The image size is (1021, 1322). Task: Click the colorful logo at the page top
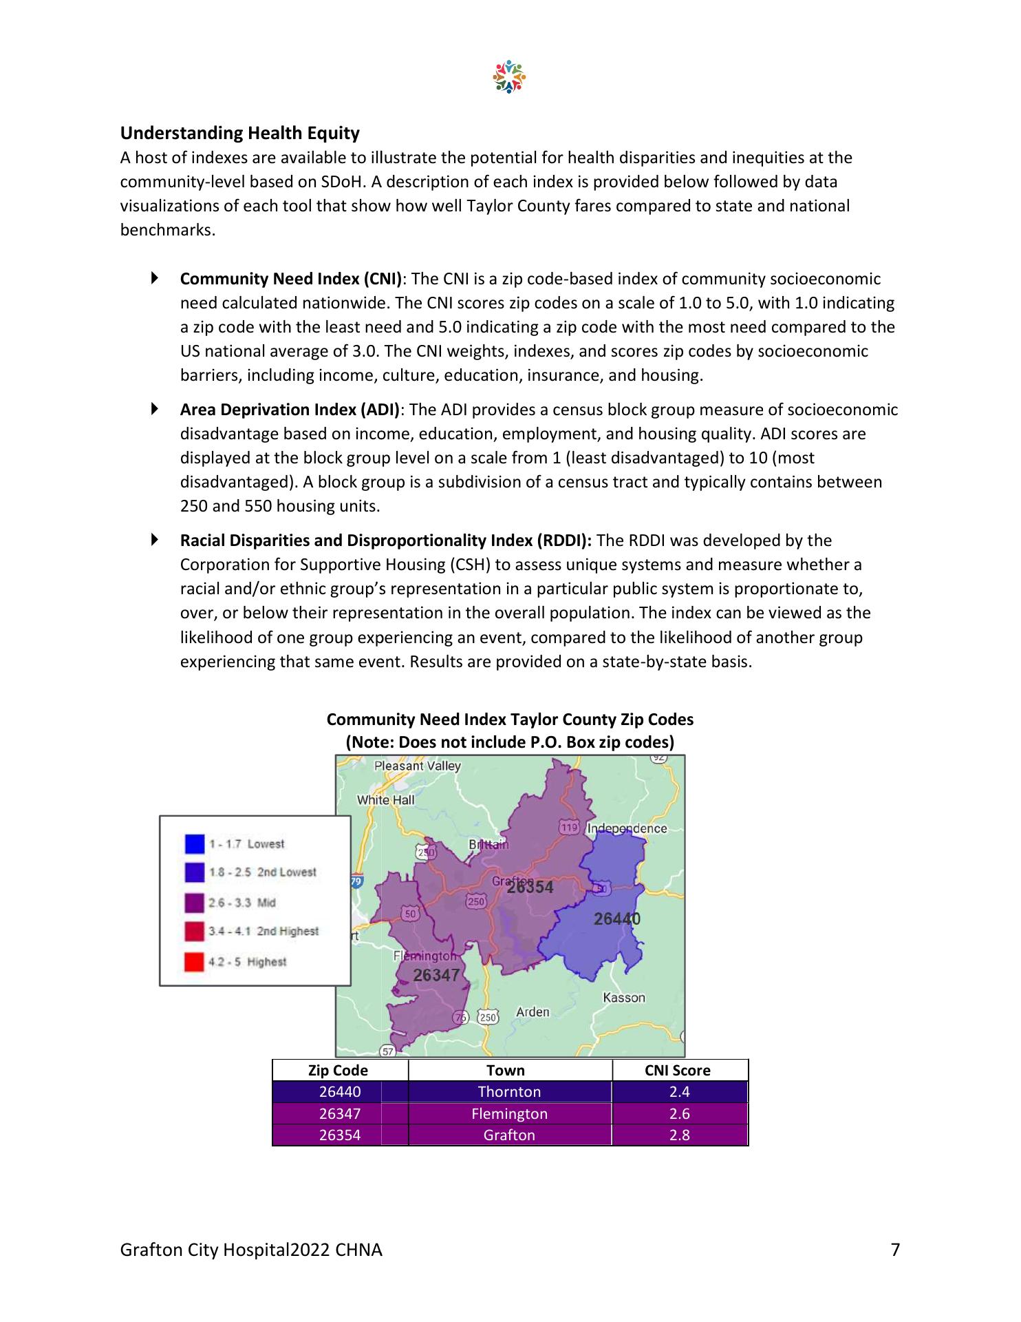pyautogui.click(x=509, y=77)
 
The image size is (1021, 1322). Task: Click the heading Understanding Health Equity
pyautogui.click(x=239, y=133)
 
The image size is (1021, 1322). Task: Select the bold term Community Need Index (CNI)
pyautogui.click(x=291, y=279)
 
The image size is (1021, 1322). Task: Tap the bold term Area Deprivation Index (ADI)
pyautogui.click(x=290, y=410)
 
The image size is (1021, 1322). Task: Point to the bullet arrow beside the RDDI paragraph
pyautogui.click(x=155, y=540)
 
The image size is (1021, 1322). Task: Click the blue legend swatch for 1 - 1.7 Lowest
pyautogui.click(x=195, y=844)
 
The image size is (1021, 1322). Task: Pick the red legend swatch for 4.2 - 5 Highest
pyautogui.click(x=195, y=962)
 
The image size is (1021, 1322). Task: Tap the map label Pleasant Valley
pyautogui.click(x=417, y=766)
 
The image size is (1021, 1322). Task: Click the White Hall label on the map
pyautogui.click(x=385, y=800)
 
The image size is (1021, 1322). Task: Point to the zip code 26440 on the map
pyautogui.click(x=616, y=919)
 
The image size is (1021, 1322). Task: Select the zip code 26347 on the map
pyautogui.click(x=436, y=974)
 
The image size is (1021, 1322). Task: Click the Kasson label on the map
pyautogui.click(x=624, y=998)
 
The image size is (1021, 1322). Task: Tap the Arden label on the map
pyautogui.click(x=533, y=1011)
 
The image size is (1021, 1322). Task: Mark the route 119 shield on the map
pyautogui.click(x=569, y=828)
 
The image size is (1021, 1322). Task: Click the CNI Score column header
pyautogui.click(x=679, y=1071)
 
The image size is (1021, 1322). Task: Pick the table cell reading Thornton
pyautogui.click(x=509, y=1092)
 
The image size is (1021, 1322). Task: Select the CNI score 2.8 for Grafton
pyautogui.click(x=679, y=1135)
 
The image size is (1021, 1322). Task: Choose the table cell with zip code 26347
pyautogui.click(x=340, y=1113)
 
